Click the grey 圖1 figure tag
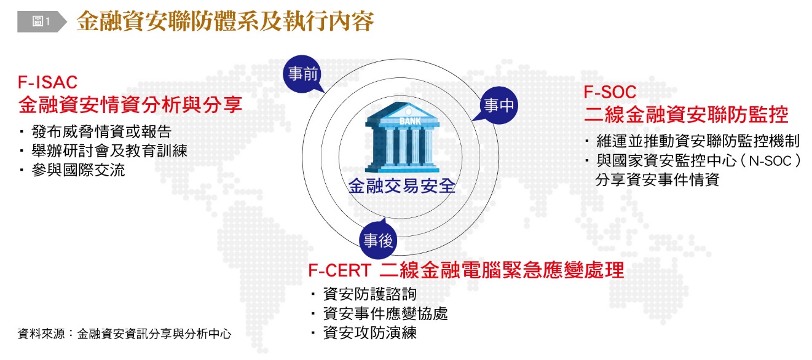tap(42, 22)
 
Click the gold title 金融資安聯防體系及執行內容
tap(225, 21)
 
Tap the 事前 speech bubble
tap(303, 74)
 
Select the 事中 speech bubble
tap(497, 105)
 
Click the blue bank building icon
tap(403, 138)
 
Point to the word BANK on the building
tap(410, 121)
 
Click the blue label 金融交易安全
tap(401, 186)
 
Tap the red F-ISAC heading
tap(47, 82)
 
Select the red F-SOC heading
tap(610, 92)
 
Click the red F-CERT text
tap(340, 270)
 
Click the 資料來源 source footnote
tap(124, 334)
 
